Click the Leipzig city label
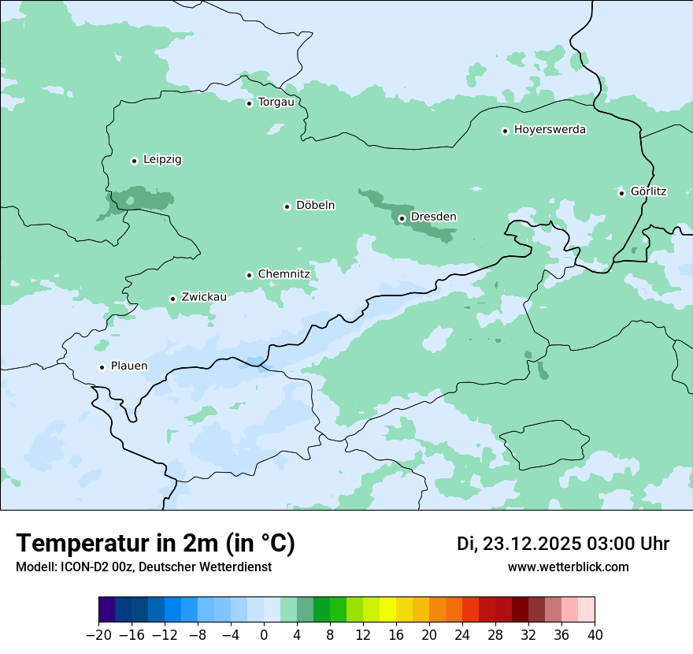(x=162, y=159)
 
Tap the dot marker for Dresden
(x=402, y=218)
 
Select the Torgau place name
(x=276, y=102)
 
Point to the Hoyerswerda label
(x=550, y=129)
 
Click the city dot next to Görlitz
(x=621, y=193)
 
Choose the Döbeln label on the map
(x=315, y=205)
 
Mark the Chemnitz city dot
(x=249, y=275)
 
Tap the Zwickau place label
(x=204, y=297)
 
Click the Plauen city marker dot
(x=102, y=367)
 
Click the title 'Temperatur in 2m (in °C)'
(x=155, y=543)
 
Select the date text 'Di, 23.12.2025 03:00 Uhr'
(x=563, y=544)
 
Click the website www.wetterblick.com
(x=568, y=567)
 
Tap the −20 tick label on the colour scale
(x=98, y=635)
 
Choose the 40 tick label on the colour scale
(x=595, y=635)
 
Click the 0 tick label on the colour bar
(x=264, y=635)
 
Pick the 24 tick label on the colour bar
(x=462, y=635)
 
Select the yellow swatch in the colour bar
(x=387, y=610)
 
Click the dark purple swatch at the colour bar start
(x=106, y=610)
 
